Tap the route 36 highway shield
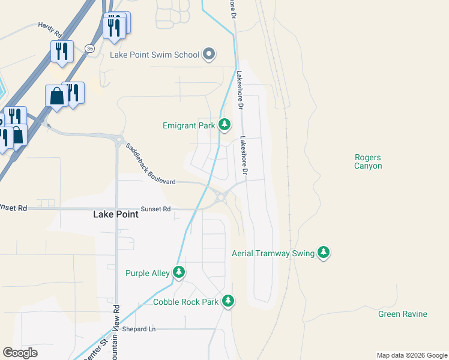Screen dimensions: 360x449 click(89, 48)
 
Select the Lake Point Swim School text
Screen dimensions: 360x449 click(154, 55)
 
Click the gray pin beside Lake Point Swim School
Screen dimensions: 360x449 click(209, 55)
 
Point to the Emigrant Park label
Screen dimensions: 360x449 click(188, 125)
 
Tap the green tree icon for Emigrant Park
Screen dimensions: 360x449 click(224, 125)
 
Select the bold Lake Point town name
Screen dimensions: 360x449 click(115, 214)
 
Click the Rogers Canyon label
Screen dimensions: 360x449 click(367, 161)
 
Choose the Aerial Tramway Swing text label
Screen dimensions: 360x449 click(273, 254)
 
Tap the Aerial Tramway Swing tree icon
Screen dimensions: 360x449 click(324, 253)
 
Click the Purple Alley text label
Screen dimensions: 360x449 click(148, 273)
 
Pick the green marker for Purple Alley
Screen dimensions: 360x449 click(179, 272)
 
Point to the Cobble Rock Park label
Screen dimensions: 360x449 click(185, 302)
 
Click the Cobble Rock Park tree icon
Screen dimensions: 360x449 click(228, 301)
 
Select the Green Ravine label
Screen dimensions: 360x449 click(402, 314)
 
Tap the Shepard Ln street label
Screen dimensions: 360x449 click(139, 329)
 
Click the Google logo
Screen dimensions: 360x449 click(20, 353)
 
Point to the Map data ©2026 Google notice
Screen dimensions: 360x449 click(411, 355)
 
